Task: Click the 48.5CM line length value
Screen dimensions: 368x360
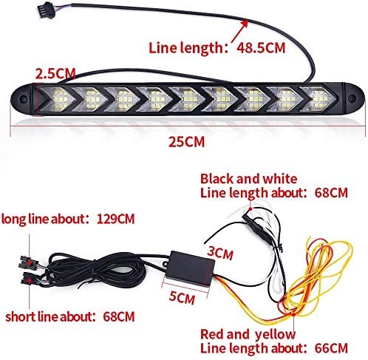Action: tap(261, 48)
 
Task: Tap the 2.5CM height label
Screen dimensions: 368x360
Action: tap(55, 73)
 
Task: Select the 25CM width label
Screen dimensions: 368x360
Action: tap(186, 142)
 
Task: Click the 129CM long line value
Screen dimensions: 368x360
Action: tap(116, 219)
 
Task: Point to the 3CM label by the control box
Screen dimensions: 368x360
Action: tap(219, 253)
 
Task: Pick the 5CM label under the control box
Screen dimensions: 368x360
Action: tap(182, 297)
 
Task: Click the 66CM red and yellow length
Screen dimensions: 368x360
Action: tap(331, 348)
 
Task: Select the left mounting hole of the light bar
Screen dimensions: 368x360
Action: tap(23, 98)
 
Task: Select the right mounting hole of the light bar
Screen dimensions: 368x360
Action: tap(352, 98)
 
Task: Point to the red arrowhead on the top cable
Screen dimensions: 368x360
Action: tap(245, 24)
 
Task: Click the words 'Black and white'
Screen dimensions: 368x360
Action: tap(248, 179)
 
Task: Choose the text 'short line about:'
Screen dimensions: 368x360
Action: tap(50, 316)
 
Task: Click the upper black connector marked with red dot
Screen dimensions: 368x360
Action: tap(27, 262)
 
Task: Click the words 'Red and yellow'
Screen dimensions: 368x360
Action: tap(248, 335)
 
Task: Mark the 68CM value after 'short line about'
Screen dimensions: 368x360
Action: tap(119, 316)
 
